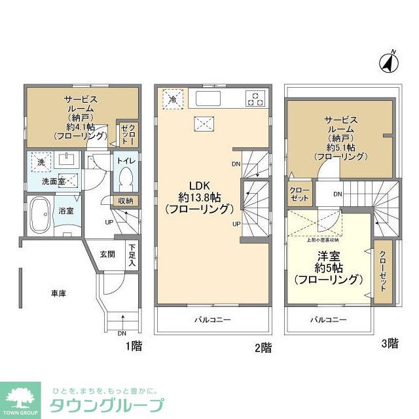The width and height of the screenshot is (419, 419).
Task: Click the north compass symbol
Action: click(389, 62)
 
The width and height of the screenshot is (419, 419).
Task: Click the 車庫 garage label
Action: click(59, 294)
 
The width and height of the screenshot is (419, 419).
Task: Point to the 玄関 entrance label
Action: click(107, 254)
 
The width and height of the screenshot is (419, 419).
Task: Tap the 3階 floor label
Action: click(389, 342)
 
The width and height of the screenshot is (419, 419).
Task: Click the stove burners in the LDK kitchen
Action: click(255, 99)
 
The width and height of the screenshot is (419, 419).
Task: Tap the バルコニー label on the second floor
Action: click(212, 320)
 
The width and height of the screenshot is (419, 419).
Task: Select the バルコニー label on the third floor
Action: click(329, 319)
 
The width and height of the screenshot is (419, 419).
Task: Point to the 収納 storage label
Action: click(125, 200)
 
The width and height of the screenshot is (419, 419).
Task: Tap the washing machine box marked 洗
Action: click(41, 162)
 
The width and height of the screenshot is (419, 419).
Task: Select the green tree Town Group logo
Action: click(21, 397)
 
